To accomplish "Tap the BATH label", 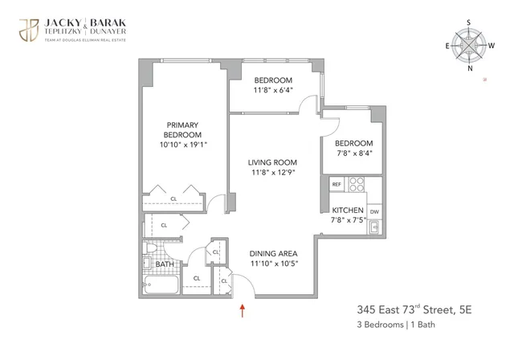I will (x=165, y=264).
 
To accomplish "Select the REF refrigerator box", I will (x=337, y=184).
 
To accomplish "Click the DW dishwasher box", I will (x=374, y=211).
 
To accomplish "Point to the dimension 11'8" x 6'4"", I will (x=273, y=92).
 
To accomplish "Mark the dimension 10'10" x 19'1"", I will (x=183, y=144).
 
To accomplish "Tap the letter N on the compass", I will (x=470, y=67).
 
